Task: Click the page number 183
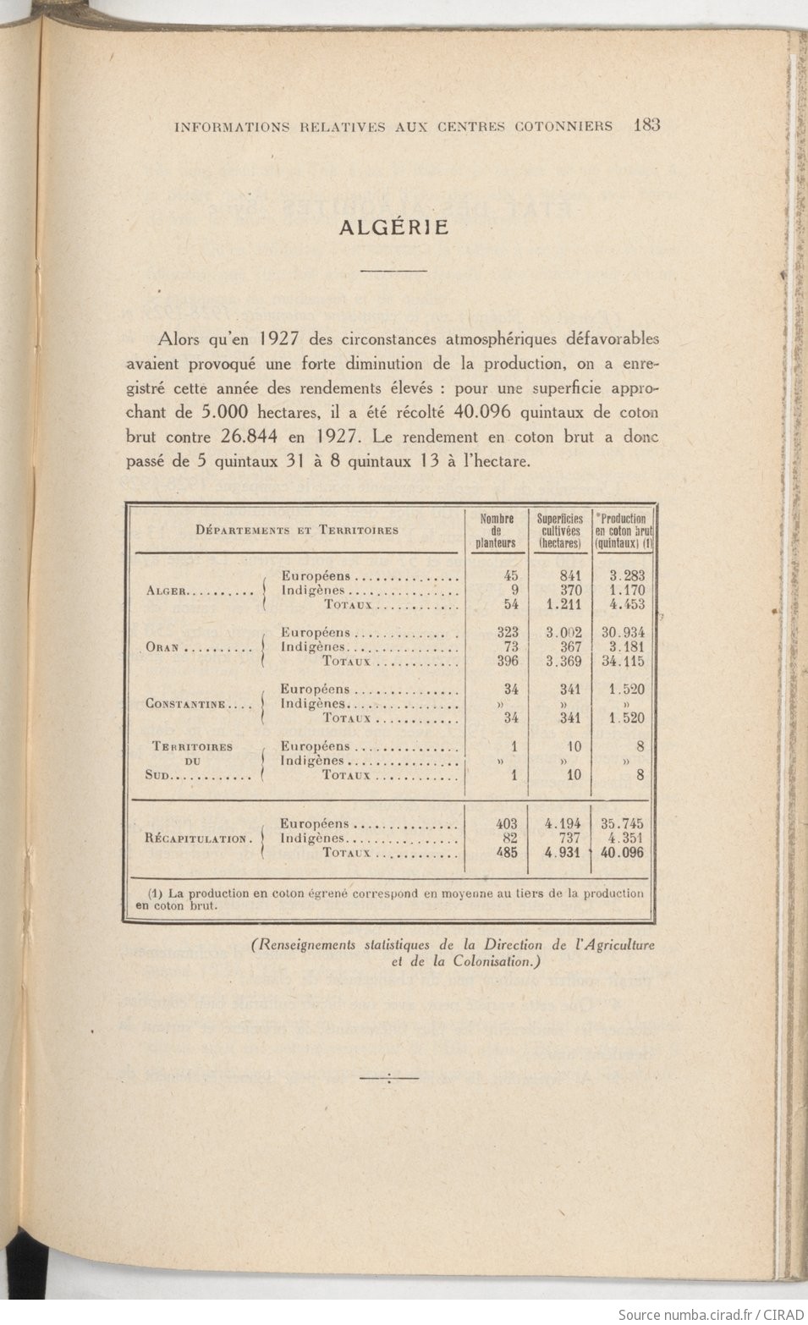(646, 125)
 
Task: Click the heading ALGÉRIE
(393, 228)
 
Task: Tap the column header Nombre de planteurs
(497, 531)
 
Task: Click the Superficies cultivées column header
(559, 531)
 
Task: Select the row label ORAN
(162, 648)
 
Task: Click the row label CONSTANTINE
(185, 705)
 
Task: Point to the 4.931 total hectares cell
(563, 853)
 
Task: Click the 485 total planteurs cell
(505, 853)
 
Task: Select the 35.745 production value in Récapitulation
(623, 823)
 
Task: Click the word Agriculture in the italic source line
(617, 946)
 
